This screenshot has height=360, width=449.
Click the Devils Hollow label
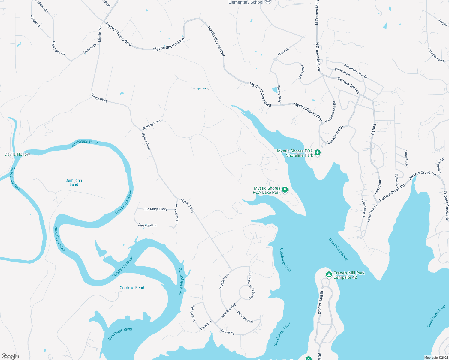[x=17, y=154]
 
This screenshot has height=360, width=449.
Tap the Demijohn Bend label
[x=74, y=182]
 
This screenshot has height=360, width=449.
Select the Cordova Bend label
[x=132, y=288]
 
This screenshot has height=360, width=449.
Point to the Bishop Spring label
[x=200, y=88]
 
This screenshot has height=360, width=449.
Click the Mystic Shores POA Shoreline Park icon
[x=317, y=153]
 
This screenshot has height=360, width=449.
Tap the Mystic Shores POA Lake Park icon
[x=285, y=190]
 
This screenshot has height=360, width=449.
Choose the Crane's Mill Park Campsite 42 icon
[x=329, y=274]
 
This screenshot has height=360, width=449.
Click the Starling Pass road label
[x=151, y=124]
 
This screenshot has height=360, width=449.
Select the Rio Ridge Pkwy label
[x=156, y=209]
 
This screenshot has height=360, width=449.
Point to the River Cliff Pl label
[x=147, y=226]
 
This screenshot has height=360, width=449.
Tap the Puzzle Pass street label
[x=224, y=281]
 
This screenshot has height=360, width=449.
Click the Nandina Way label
[x=228, y=310]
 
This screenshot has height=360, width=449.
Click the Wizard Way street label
[x=279, y=94]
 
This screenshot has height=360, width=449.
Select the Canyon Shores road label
[x=348, y=85]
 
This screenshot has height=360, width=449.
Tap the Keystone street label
[x=378, y=186]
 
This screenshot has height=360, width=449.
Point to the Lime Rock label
[x=406, y=158]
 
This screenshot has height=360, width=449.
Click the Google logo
[x=10, y=356]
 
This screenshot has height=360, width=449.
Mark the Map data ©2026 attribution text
[x=436, y=358]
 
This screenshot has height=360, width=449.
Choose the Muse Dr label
[x=283, y=52]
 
